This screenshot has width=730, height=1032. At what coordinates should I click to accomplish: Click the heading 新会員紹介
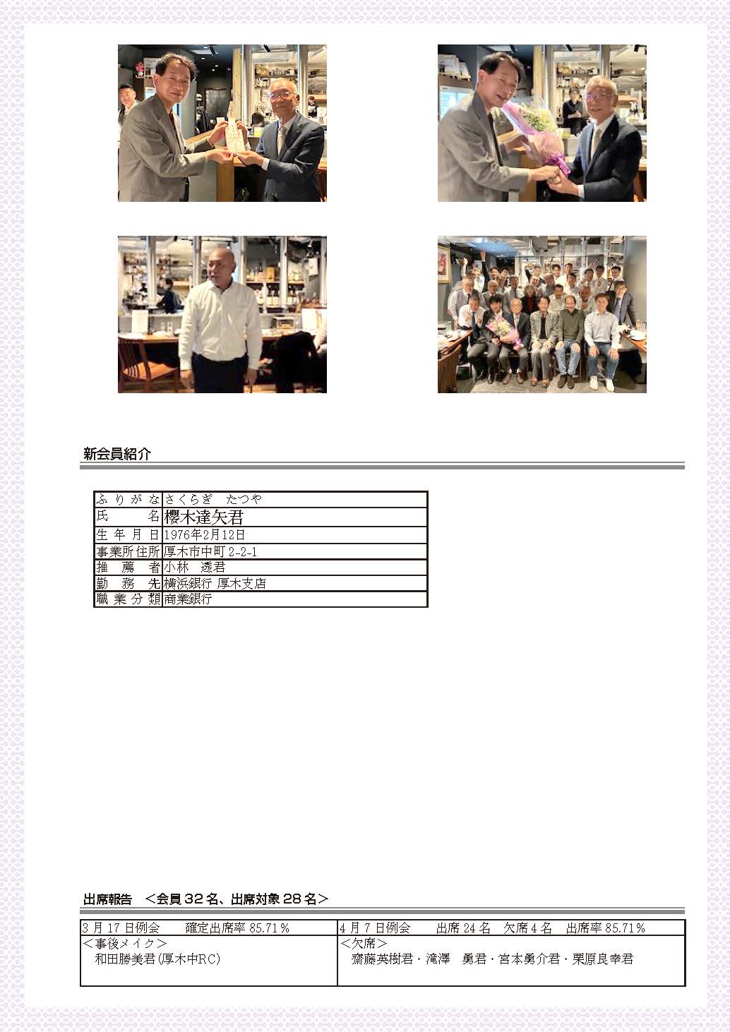coord(117,454)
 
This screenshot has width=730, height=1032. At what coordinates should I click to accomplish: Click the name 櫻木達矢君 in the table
coord(203,517)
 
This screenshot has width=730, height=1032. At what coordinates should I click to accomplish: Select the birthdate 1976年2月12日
coord(204,535)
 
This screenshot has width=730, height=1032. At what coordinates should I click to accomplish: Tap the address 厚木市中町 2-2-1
coord(210,551)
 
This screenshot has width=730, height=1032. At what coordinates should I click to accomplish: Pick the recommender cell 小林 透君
coord(194,567)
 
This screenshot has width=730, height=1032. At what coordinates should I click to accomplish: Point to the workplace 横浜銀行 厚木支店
coord(215,583)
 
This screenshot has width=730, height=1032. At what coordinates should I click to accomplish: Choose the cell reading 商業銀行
coord(188,599)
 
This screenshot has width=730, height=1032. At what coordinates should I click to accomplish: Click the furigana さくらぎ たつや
coord(213,499)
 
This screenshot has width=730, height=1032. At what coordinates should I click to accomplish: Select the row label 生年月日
coord(128,535)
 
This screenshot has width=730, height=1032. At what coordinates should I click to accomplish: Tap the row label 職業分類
coord(128,599)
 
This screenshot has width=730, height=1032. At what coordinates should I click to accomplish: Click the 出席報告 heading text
coord(107,899)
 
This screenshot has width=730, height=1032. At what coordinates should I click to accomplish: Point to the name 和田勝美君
coord(125,959)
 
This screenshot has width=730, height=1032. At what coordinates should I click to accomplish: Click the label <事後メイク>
coord(124,943)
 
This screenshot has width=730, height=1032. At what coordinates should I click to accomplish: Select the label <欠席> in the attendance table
coord(363,943)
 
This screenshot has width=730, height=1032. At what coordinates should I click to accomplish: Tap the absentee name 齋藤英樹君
coord(381,959)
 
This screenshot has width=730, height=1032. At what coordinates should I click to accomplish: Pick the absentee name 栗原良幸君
coord(602,959)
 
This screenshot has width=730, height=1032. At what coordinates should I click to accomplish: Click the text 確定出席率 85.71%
coord(237,928)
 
